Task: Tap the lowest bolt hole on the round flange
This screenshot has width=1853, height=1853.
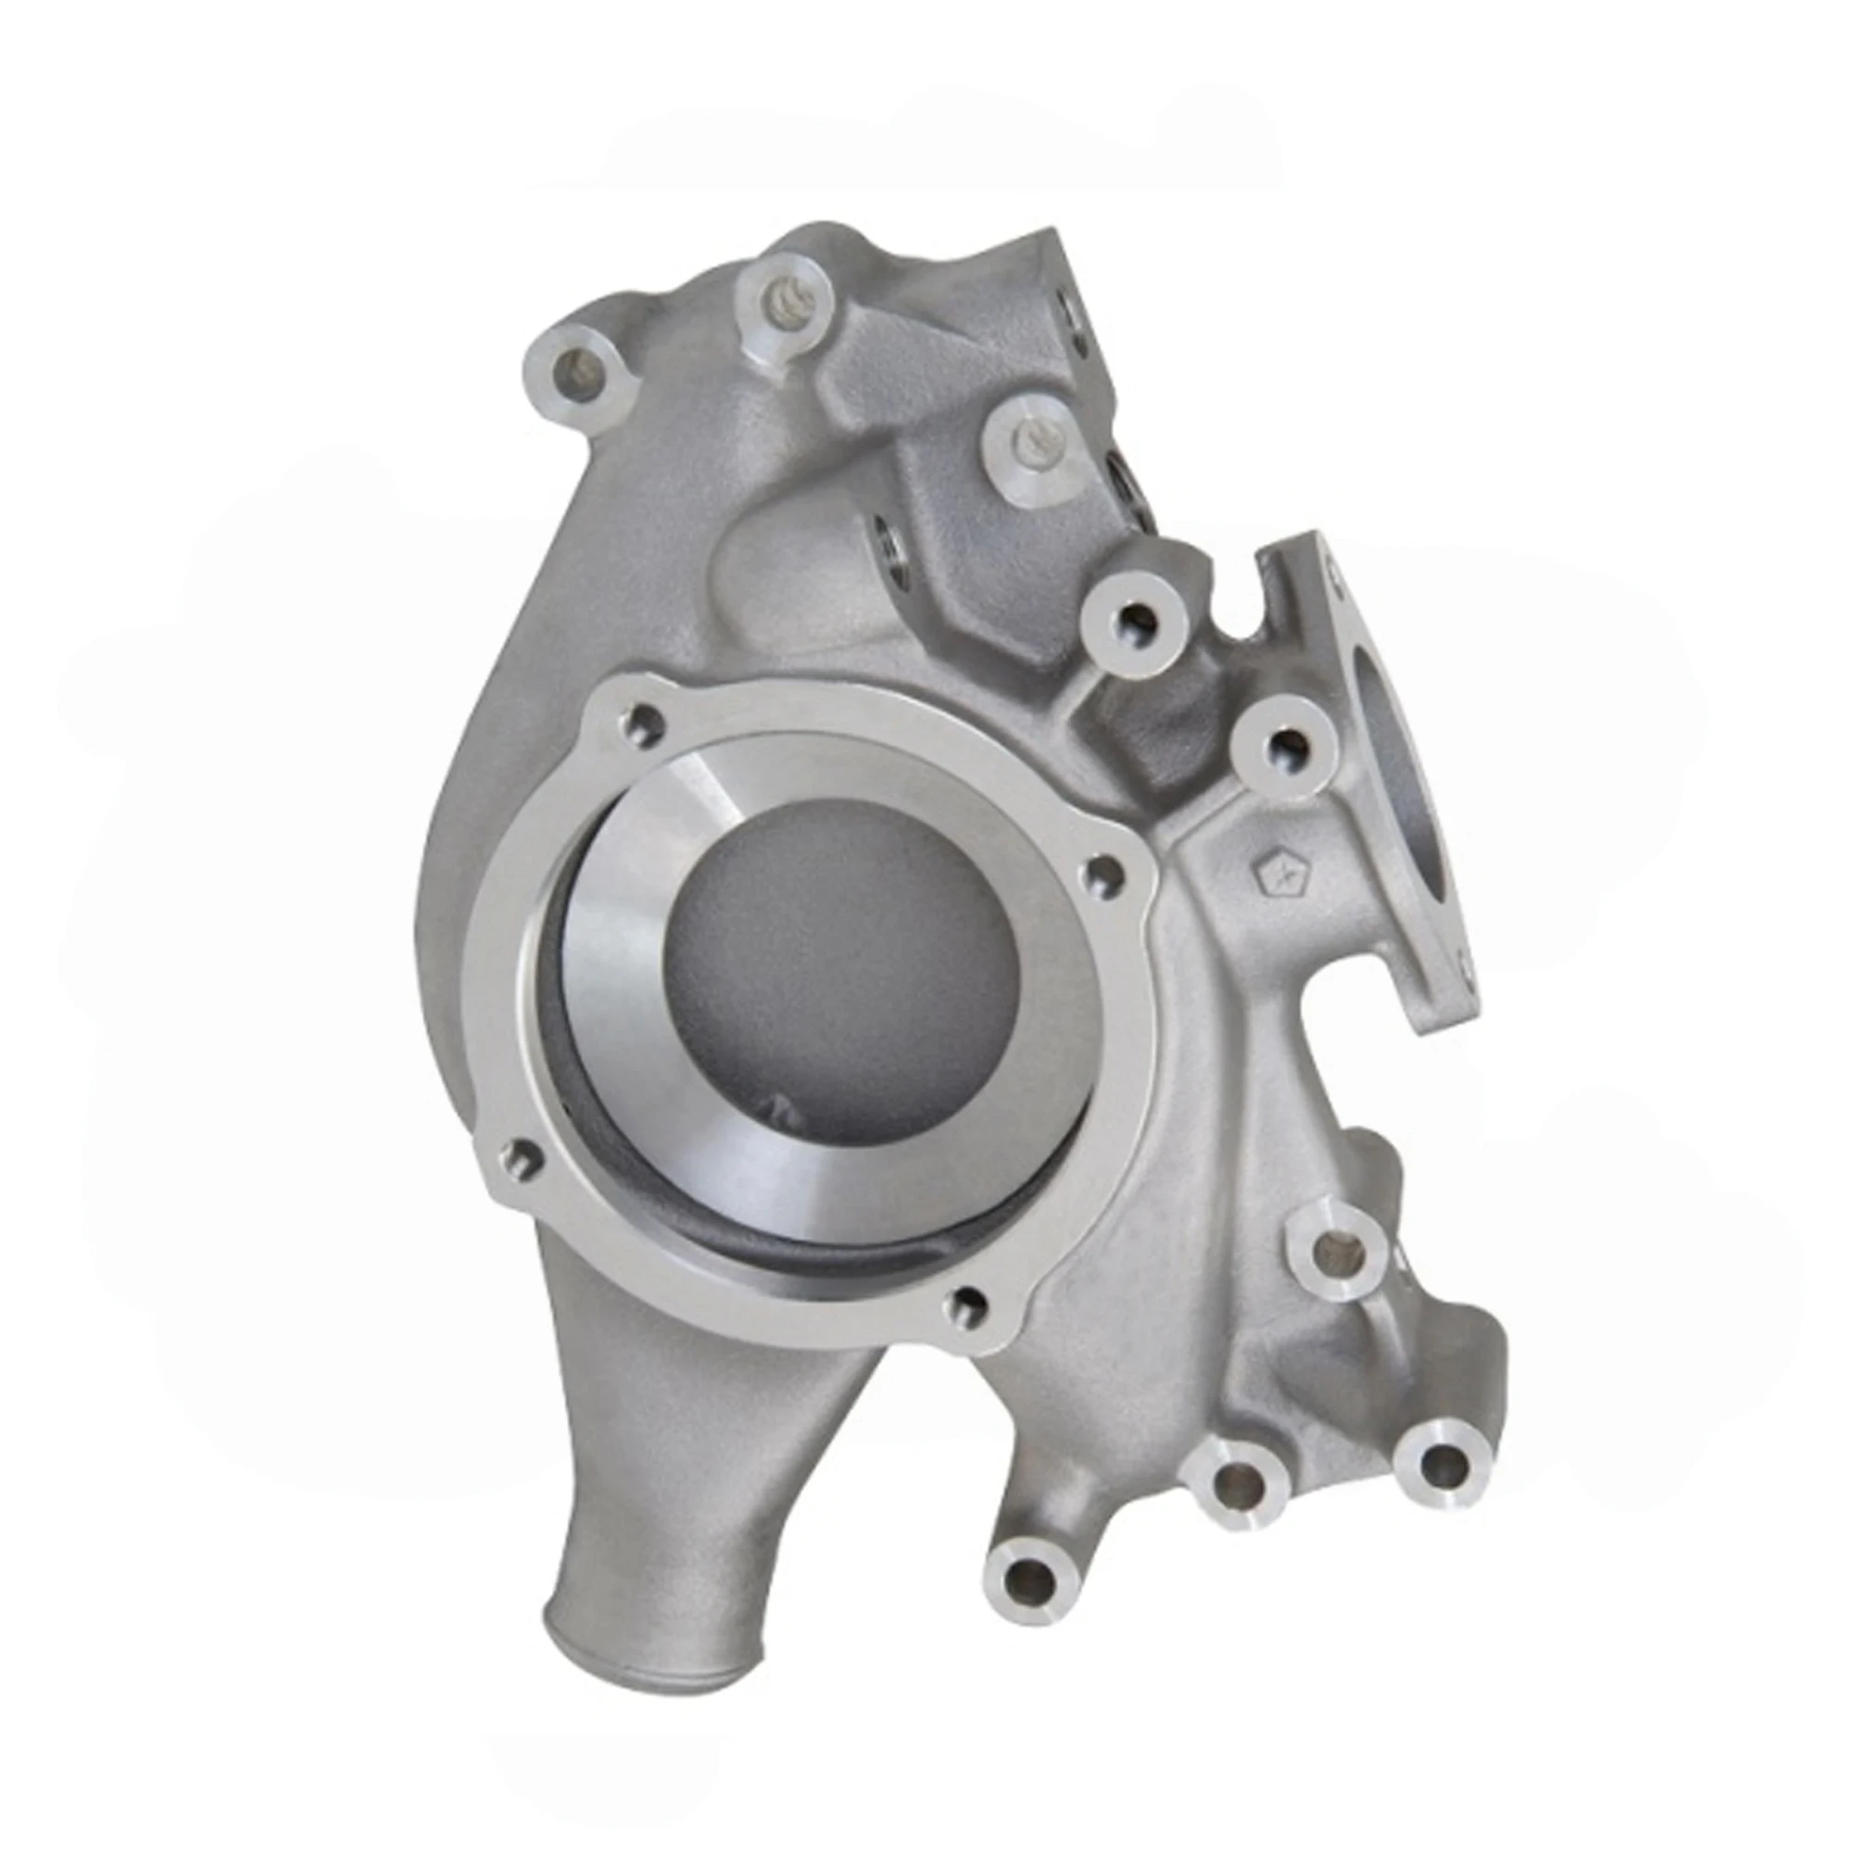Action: [969, 1304]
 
